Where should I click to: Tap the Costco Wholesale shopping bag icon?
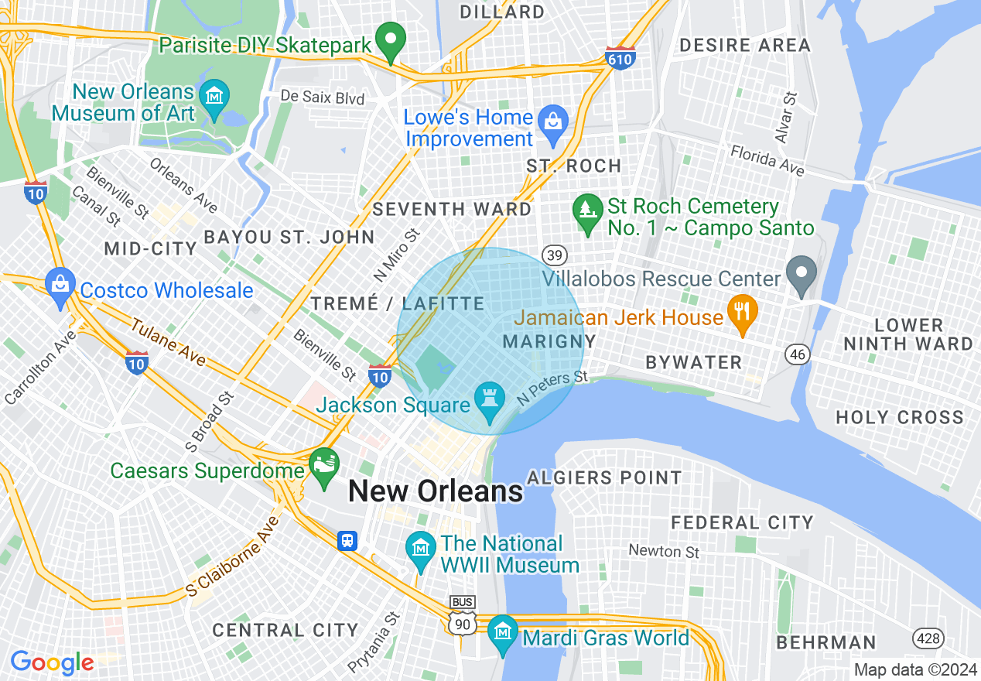[x=60, y=283]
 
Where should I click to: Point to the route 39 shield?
[x=555, y=255]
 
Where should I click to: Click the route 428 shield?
[x=926, y=638]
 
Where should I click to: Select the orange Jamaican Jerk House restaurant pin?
[x=742, y=311]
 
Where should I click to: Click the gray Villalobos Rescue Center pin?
[x=802, y=272]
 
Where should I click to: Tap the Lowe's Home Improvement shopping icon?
[x=553, y=121]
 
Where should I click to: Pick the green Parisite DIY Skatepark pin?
[x=391, y=38]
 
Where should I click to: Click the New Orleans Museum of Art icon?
[x=214, y=97]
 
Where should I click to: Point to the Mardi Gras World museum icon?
[x=503, y=631]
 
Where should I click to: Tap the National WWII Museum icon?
[x=421, y=548]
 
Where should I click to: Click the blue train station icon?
[x=348, y=540]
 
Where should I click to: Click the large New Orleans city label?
[x=436, y=491]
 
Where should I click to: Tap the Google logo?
[x=52, y=662]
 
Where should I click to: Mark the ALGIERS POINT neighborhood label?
[x=604, y=477]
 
